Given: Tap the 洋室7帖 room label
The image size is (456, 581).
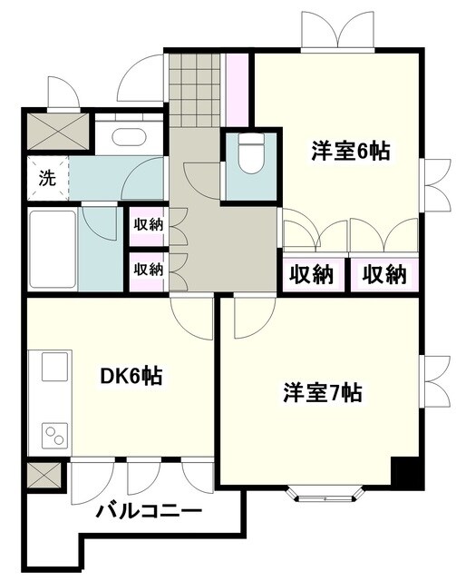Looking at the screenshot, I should [x=323, y=393].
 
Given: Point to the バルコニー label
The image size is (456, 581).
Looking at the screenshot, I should [x=150, y=512].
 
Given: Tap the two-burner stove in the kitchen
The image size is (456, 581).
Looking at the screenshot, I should [x=53, y=434].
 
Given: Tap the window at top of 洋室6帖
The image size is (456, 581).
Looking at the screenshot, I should [x=338, y=34].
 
